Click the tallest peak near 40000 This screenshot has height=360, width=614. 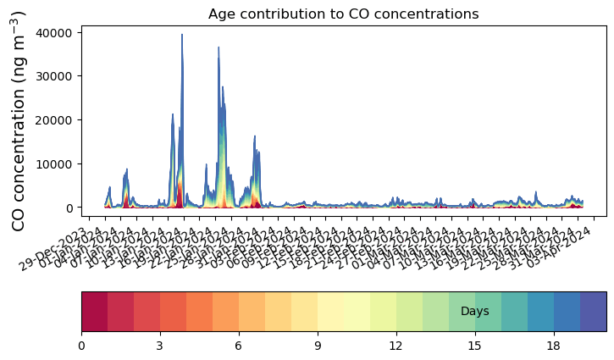182,36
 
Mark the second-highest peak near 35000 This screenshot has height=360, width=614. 218,58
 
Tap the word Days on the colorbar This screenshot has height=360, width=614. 474,312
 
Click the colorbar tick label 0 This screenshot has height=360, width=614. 81,346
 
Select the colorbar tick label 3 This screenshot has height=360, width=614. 160,346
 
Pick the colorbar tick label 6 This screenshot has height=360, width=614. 239,346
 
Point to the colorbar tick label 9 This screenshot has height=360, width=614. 318,346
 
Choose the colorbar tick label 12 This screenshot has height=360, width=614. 396,346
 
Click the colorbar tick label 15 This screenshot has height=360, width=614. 475,346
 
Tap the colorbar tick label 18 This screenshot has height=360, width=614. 554,346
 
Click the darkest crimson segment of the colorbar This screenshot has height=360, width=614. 94,312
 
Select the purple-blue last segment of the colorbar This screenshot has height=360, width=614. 593,312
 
